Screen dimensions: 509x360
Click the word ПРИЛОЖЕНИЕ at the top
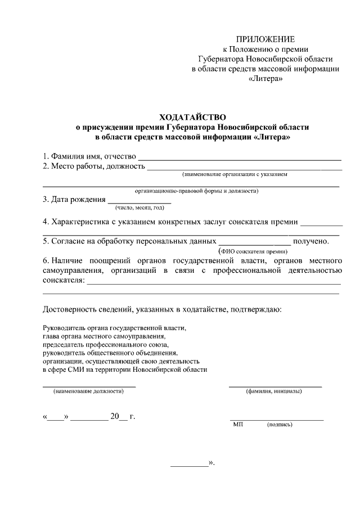pyautogui.click(x=265, y=39)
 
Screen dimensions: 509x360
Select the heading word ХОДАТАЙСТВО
pyautogui.click(x=192, y=117)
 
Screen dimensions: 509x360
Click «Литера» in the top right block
pyautogui.click(x=265, y=79)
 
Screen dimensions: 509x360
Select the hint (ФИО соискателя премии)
pyautogui.click(x=253, y=251)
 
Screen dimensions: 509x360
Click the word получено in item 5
pyautogui.click(x=310, y=241)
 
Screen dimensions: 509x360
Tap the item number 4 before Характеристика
pyautogui.click(x=46, y=222)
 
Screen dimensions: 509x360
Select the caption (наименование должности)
pyautogui.click(x=88, y=391)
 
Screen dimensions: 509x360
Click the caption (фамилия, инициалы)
pyautogui.click(x=274, y=391)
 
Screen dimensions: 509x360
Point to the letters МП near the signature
pyautogui.click(x=237, y=425)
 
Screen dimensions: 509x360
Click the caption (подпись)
pyautogui.click(x=280, y=425)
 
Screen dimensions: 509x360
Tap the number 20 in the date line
pyautogui.click(x=115, y=417)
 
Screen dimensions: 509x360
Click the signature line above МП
pyautogui.click(x=276, y=420)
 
